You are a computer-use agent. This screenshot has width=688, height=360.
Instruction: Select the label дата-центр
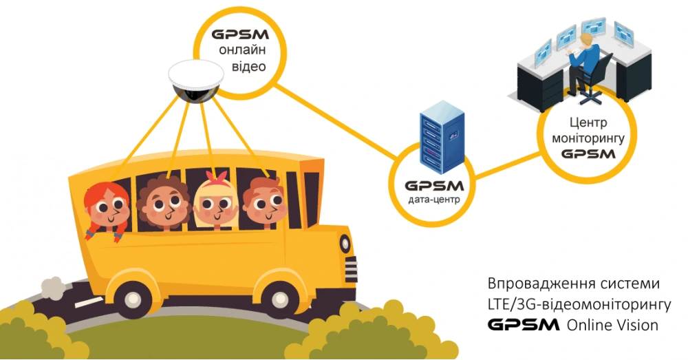click(x=433, y=200)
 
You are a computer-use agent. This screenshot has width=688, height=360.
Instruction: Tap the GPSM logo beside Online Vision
click(x=523, y=324)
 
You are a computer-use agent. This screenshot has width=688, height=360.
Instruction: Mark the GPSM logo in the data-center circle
click(x=433, y=186)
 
